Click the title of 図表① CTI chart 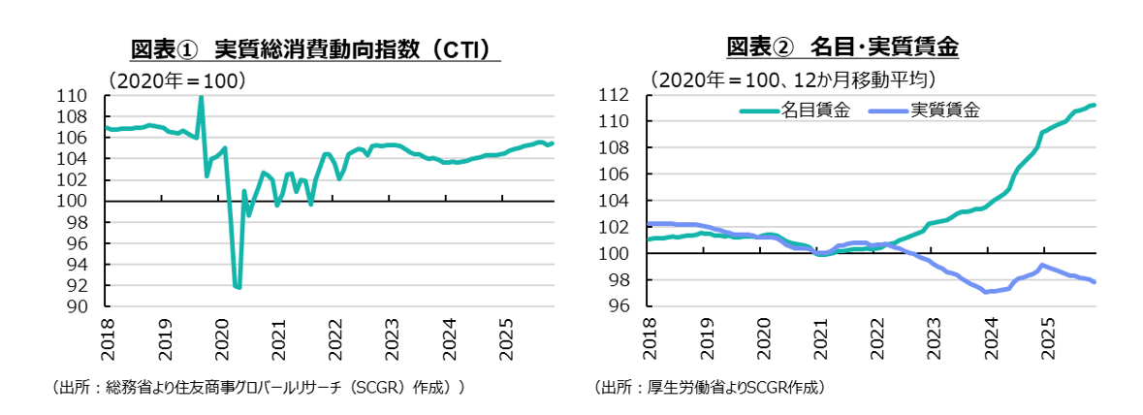(x=308, y=48)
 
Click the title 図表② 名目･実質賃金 (x=841, y=46)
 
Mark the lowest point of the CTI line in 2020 (x=238, y=288)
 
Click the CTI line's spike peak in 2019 (x=201, y=97)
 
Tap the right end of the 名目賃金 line (x=1095, y=105)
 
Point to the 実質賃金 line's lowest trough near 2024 (x=986, y=292)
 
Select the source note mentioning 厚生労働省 (x=710, y=388)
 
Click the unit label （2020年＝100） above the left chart (x=175, y=80)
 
